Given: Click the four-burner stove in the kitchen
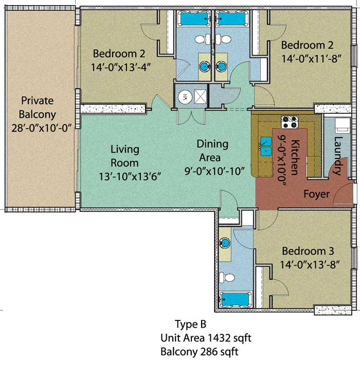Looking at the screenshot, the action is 290,122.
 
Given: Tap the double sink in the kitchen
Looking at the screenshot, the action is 266,146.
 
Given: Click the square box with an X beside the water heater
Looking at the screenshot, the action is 200,97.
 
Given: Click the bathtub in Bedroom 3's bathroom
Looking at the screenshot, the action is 236,300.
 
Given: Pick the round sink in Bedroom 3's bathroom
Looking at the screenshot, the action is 225,243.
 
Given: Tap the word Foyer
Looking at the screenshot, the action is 316,194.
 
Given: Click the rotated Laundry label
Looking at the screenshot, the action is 338,156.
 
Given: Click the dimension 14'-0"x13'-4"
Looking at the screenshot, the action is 121,67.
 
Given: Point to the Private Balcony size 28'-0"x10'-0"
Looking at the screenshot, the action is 42,128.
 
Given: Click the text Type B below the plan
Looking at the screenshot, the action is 190,324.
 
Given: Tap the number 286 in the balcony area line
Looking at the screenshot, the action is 209,351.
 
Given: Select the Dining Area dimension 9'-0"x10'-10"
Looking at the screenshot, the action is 215,171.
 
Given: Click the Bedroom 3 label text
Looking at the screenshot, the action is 308,251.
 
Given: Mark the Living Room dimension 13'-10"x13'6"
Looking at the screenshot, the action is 130,176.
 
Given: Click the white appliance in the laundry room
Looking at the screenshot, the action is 343,125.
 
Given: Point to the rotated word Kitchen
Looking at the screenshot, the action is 295,157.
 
